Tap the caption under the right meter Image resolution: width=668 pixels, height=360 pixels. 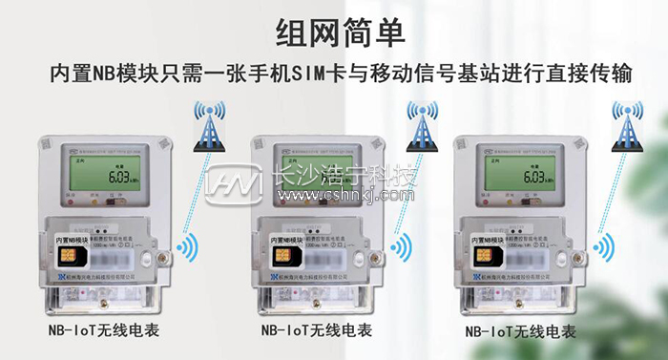pyautogui.click(x=524, y=332)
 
